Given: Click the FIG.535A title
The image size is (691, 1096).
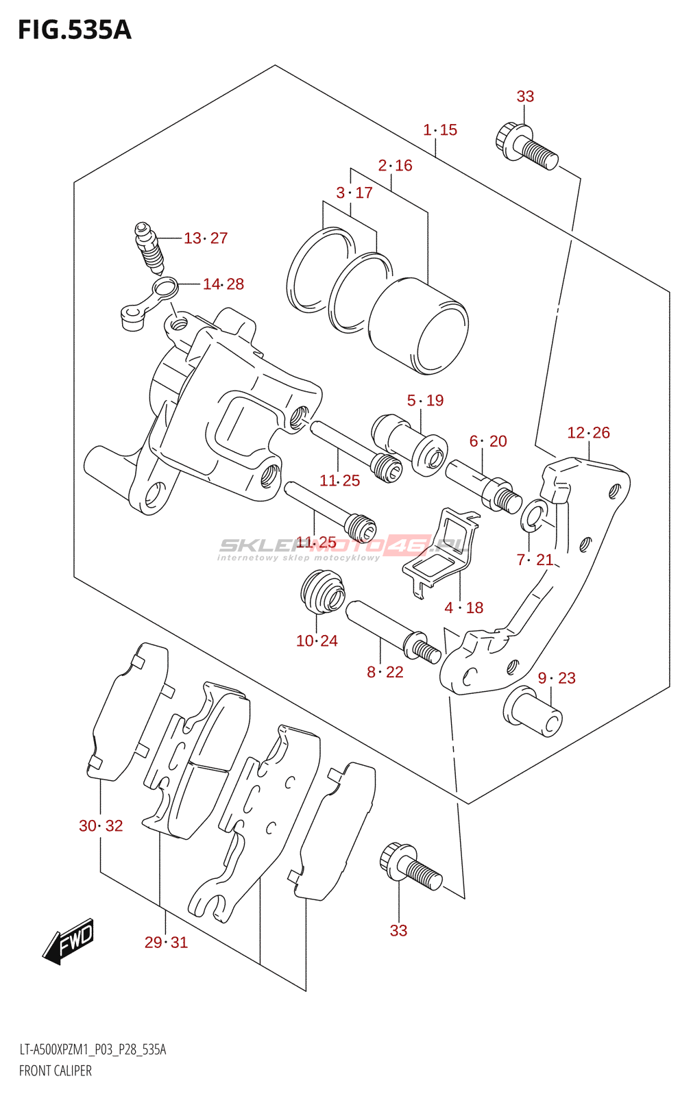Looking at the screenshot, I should click(74, 30).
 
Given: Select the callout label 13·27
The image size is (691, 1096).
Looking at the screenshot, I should click(205, 238).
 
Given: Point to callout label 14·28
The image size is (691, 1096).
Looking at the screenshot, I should click(223, 284).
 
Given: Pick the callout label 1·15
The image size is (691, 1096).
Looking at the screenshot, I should click(440, 129).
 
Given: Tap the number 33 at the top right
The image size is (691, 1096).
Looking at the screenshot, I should click(525, 97).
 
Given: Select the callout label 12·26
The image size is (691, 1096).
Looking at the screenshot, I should click(588, 433).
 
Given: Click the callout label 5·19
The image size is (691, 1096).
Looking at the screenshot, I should click(425, 400).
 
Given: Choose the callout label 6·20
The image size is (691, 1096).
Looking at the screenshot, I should click(488, 441).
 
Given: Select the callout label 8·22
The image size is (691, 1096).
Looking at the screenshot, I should click(385, 673).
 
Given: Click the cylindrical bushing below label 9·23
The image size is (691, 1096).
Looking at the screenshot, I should click(533, 712).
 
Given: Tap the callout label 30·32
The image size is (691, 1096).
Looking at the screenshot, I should click(101, 826).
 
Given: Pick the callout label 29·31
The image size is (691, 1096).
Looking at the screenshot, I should click(166, 943).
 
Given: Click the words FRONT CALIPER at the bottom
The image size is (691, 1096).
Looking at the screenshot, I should click(56, 1071).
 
